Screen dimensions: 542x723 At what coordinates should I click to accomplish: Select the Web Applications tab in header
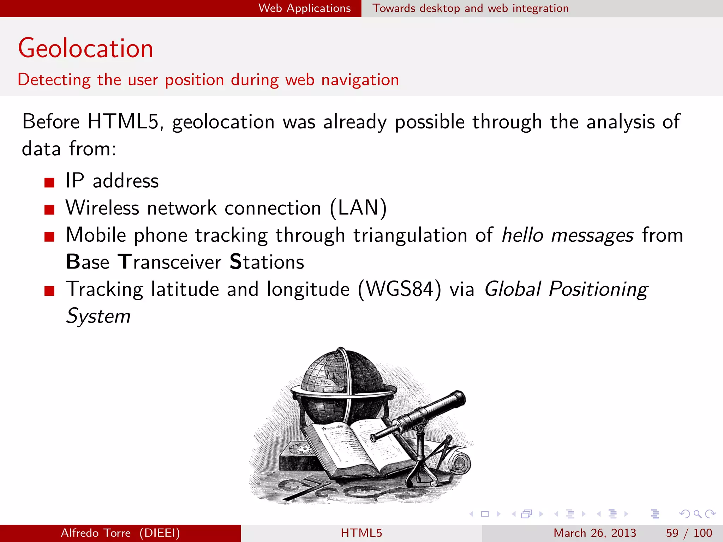pos(304,8)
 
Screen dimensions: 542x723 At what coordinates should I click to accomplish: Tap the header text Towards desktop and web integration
pos(471,8)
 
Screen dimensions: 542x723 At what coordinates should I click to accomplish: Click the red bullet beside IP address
pos(49,182)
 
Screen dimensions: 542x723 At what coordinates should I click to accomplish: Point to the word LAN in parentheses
pos(358,207)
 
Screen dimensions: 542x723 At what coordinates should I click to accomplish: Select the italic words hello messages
pos(567,235)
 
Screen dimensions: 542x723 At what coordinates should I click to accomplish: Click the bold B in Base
pos(73,262)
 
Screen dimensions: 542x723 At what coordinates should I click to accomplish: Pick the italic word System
pos(98,316)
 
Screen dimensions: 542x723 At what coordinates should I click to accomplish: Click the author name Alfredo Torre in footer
pos(96,533)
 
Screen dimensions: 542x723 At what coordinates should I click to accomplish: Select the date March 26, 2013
pos(594,533)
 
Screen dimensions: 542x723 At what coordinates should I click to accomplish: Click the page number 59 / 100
pos(688,533)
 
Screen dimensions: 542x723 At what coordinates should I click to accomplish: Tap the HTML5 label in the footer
pos(361,533)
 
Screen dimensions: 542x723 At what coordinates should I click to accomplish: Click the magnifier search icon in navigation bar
pos(697,514)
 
